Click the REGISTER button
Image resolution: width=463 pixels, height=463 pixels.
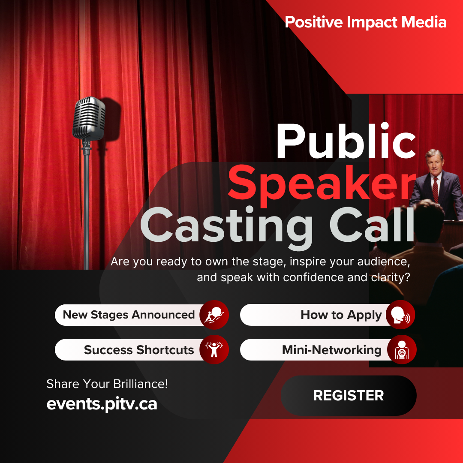pyautogui.click(x=349, y=395)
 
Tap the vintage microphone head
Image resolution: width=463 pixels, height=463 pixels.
pyautogui.click(x=89, y=118)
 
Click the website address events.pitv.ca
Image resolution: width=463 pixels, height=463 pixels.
pyautogui.click(x=102, y=404)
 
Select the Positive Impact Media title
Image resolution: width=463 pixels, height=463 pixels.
pyautogui.click(x=366, y=22)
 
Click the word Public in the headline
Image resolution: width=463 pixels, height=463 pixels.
pyautogui.click(x=346, y=141)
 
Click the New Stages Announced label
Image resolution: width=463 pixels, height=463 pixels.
pyautogui.click(x=129, y=315)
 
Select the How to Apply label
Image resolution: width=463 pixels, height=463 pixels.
pyautogui.click(x=341, y=315)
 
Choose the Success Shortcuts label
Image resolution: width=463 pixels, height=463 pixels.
pyautogui.click(x=139, y=350)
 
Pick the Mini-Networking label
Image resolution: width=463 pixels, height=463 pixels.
pyautogui.click(x=331, y=350)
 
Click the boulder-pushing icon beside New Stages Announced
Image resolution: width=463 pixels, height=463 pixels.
pyautogui.click(x=214, y=315)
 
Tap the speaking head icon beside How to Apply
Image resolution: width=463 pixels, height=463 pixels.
pyautogui.click(x=400, y=315)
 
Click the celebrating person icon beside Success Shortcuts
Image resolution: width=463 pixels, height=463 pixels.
pyautogui.click(x=214, y=350)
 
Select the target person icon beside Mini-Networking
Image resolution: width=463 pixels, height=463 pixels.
pyautogui.click(x=402, y=350)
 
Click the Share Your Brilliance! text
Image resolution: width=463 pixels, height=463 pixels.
pyautogui.click(x=107, y=384)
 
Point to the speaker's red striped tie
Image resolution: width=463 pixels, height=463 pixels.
pyautogui.click(x=435, y=189)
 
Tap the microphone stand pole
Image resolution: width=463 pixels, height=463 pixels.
pyautogui.click(x=86, y=207)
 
